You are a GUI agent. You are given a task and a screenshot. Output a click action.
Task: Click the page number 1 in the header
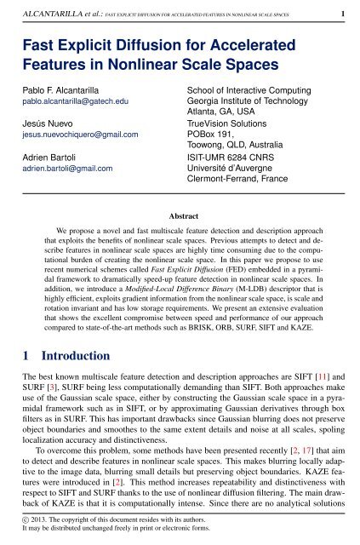[x=341, y=14]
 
